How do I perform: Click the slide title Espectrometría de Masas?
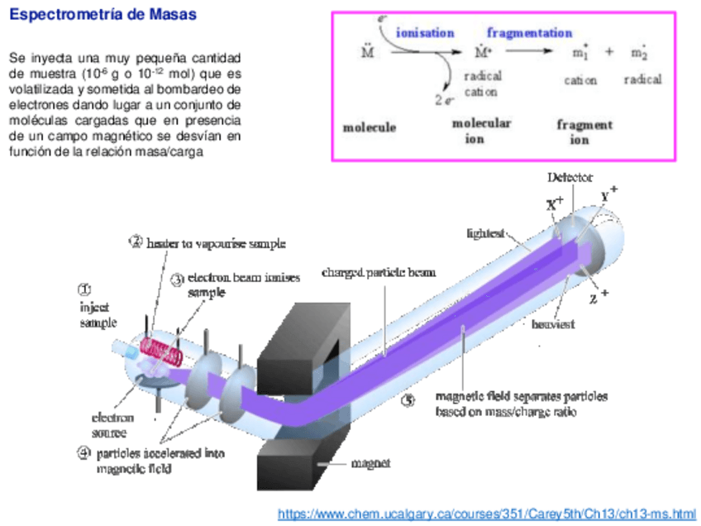point(103,16)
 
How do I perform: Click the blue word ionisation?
point(425,33)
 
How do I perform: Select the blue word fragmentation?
point(529,33)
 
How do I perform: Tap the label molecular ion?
point(481,131)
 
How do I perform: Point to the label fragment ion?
point(584,131)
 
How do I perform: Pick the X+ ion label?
point(555,202)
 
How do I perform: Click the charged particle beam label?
point(379,271)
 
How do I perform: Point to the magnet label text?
point(370,463)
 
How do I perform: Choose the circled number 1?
point(85,289)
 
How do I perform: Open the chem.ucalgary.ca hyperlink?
point(486,514)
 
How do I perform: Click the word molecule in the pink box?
point(370,127)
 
